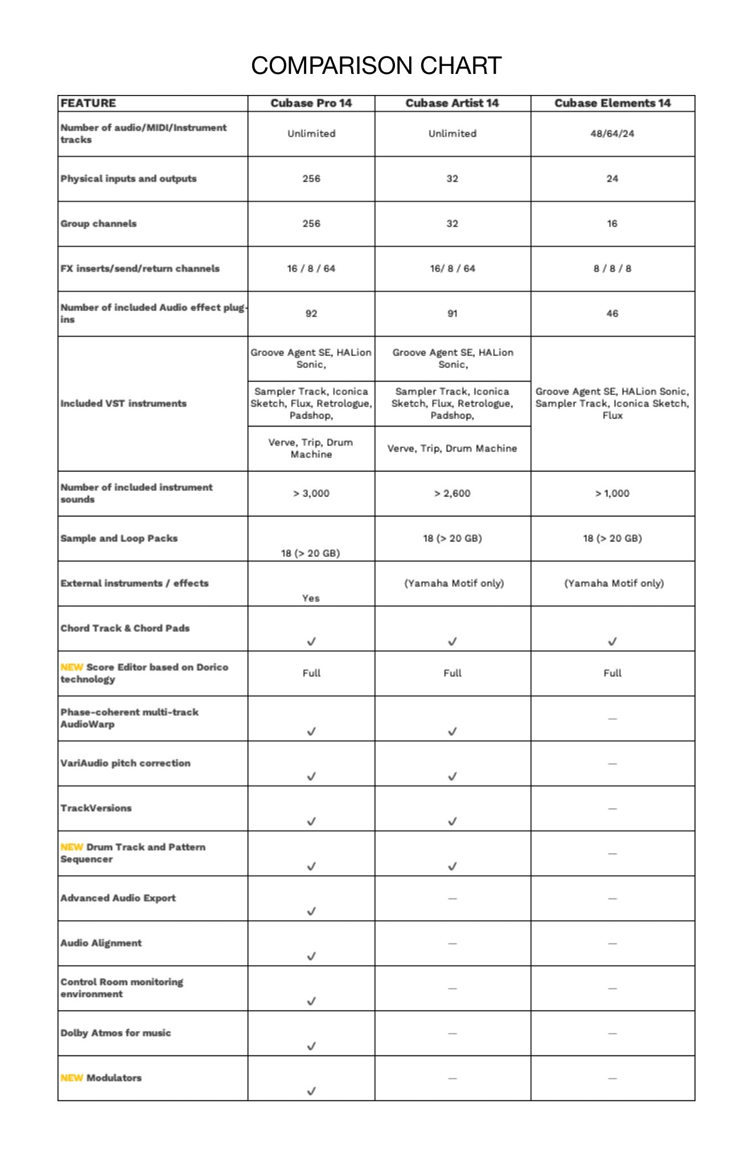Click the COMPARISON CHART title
[x=376, y=65]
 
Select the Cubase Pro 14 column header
[x=311, y=103]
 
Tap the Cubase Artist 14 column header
[x=452, y=103]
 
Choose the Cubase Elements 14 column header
[x=612, y=103]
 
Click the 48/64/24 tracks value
[x=612, y=134]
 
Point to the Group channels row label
[x=98, y=223]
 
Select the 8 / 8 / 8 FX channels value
[x=612, y=268]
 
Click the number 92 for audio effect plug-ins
[x=311, y=313]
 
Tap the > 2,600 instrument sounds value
[x=452, y=493]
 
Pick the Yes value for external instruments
[x=311, y=598]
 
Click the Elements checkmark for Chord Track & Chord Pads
[x=612, y=641]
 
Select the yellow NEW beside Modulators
[x=72, y=1078]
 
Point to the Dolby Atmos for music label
[x=116, y=1033]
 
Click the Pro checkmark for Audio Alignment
[x=311, y=957]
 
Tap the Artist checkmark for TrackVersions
[x=452, y=821]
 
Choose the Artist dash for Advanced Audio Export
[x=452, y=899]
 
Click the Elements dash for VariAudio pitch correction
[x=612, y=764]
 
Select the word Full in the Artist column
[x=452, y=673]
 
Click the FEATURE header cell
[x=88, y=103]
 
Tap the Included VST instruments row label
[x=124, y=403]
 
